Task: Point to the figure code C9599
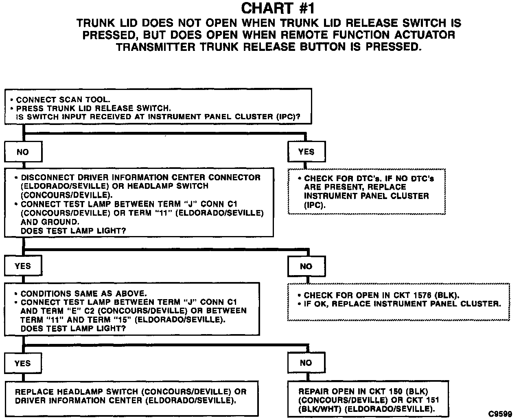pyautogui.click(x=500, y=414)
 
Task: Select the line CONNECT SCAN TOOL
pyautogui.click(x=63, y=99)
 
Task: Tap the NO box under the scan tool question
pyautogui.click(x=23, y=152)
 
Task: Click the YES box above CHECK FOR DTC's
pyautogui.click(x=306, y=152)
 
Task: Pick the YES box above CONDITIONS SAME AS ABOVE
pyautogui.click(x=23, y=266)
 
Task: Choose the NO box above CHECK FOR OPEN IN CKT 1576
pyautogui.click(x=306, y=266)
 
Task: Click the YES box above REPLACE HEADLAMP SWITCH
pyautogui.click(x=23, y=363)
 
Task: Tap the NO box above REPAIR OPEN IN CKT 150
pyautogui.click(x=306, y=363)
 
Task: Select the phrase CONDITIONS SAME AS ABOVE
pyautogui.click(x=83, y=293)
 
